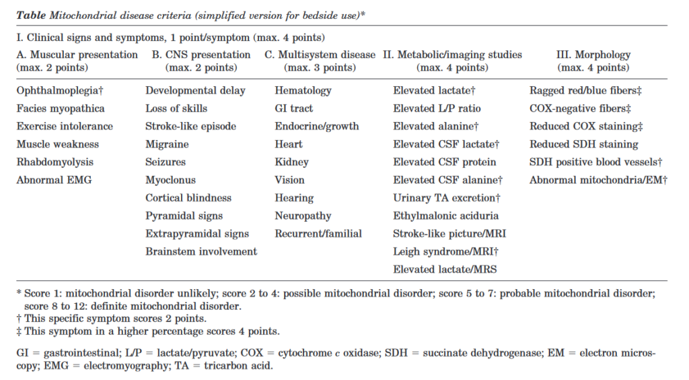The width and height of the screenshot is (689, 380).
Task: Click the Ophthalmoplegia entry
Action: pos(59,90)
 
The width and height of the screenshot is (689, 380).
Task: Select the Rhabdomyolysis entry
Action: pos(55,162)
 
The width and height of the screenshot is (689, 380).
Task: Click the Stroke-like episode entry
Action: pos(190,126)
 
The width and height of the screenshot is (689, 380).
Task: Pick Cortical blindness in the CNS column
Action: pos(188,198)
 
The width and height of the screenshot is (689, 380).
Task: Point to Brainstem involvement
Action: pos(201,251)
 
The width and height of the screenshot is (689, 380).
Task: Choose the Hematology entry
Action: pos(303,90)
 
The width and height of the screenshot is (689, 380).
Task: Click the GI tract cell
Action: pos(293,108)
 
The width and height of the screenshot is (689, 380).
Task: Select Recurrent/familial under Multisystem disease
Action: pos(318,234)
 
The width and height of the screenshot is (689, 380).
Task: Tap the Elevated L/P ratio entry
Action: pos(437,108)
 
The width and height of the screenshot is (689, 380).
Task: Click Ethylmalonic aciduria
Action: pos(445,216)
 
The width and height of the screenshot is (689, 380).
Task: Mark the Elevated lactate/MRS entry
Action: pos(445,270)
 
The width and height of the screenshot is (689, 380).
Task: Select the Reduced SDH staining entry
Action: pos(583,144)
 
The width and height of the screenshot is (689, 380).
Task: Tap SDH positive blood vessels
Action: pos(596,162)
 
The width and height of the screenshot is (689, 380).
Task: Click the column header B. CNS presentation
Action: pos(201,55)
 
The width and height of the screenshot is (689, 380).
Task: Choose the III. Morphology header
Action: pos(594,55)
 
